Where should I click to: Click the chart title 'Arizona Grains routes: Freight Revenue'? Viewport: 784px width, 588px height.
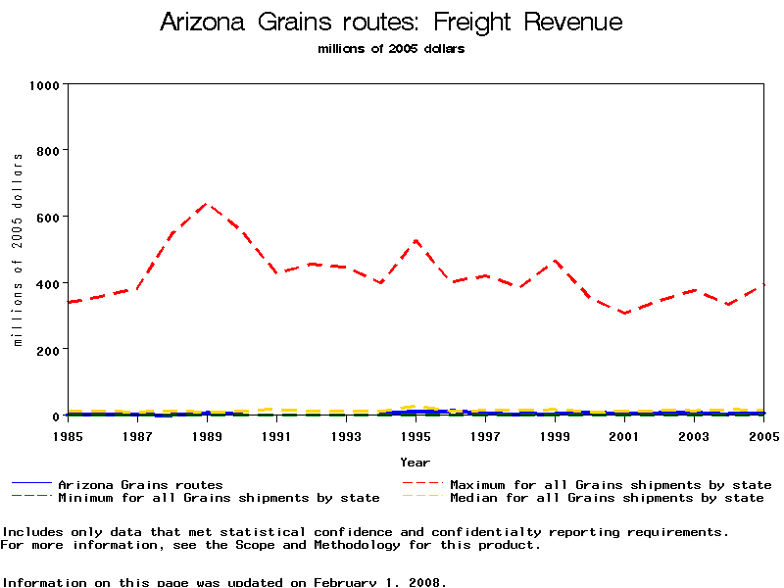391,22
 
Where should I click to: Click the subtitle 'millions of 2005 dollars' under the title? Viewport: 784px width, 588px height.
391,49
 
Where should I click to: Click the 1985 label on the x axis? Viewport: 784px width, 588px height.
68,435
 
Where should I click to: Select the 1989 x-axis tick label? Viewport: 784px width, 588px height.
207,435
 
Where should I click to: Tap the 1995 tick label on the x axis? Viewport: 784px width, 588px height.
416,435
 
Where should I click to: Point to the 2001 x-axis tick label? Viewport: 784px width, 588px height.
624,435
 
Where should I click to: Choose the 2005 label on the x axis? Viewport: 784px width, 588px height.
763,435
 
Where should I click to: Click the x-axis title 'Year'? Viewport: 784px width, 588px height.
415,462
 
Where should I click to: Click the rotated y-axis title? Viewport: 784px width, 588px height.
18,250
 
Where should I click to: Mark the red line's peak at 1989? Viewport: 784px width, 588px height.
207,204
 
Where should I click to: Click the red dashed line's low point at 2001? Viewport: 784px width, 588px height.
624,314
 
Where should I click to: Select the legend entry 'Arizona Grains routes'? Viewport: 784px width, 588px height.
140,485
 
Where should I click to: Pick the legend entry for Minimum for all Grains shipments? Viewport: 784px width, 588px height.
219,498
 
